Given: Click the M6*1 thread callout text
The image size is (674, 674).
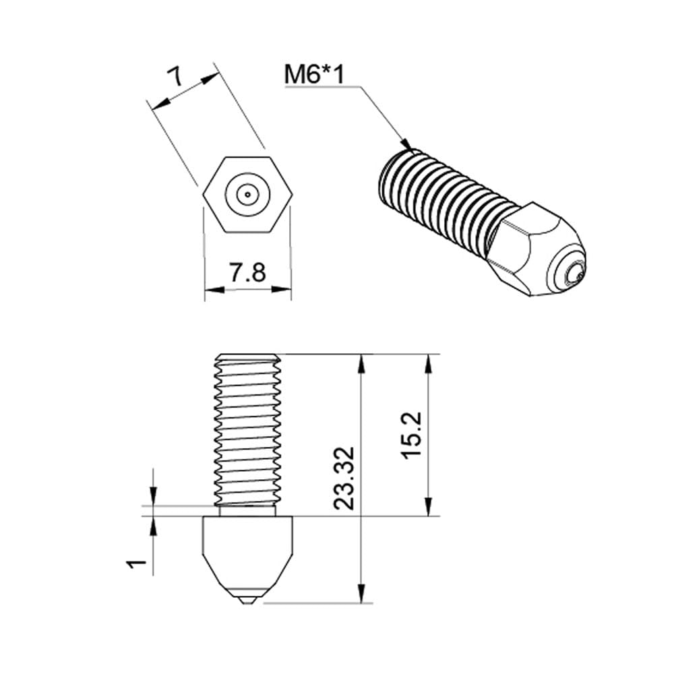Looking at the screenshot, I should [x=314, y=74].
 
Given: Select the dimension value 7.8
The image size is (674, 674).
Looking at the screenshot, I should [x=247, y=273].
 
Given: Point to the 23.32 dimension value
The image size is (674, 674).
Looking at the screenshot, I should [x=344, y=477].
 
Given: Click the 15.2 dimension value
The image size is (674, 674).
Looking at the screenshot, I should [x=411, y=436].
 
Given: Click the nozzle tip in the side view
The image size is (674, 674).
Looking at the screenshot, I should [x=247, y=599].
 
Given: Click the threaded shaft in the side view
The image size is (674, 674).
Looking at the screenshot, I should [x=247, y=431].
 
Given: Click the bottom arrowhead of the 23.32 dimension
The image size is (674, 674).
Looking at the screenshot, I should [x=361, y=593].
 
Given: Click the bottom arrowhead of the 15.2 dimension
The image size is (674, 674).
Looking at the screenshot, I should [x=427, y=508].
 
